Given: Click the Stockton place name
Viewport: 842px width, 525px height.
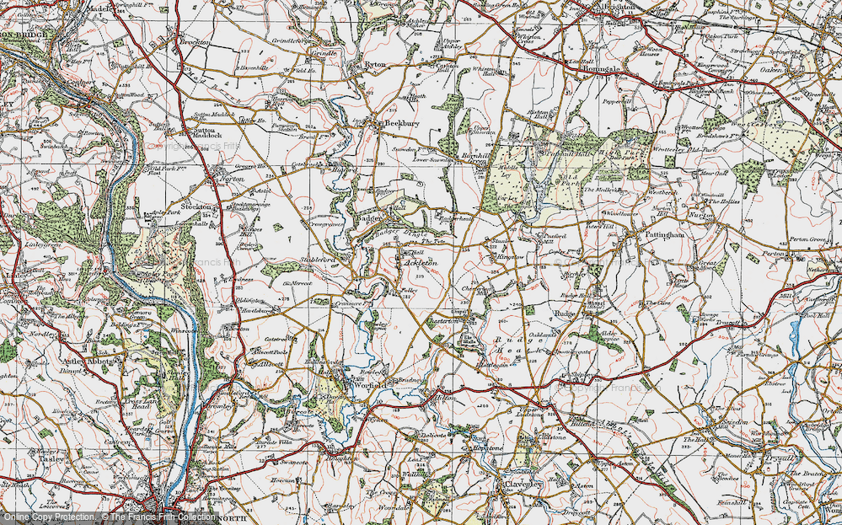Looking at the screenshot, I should tap(199, 206).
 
